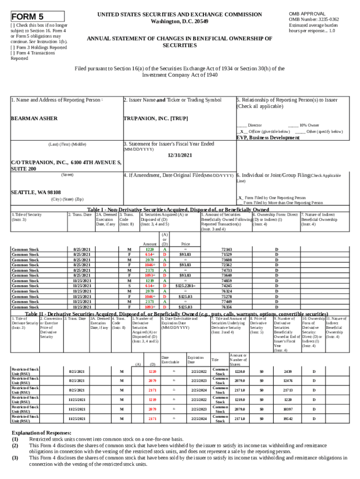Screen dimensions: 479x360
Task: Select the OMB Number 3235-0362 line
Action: (x=314, y=19)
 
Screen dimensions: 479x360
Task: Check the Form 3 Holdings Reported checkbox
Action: (x=13, y=47)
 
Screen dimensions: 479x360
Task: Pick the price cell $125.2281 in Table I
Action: (x=185, y=285)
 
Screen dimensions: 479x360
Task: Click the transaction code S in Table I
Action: (x=129, y=285)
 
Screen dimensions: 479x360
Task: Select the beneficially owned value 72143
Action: (x=226, y=249)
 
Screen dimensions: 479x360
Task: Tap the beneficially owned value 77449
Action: (x=226, y=301)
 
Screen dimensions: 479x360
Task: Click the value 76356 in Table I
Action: (x=226, y=307)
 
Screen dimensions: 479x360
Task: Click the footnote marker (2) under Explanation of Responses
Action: (x=15, y=446)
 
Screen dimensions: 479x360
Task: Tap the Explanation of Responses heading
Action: (x=41, y=433)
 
